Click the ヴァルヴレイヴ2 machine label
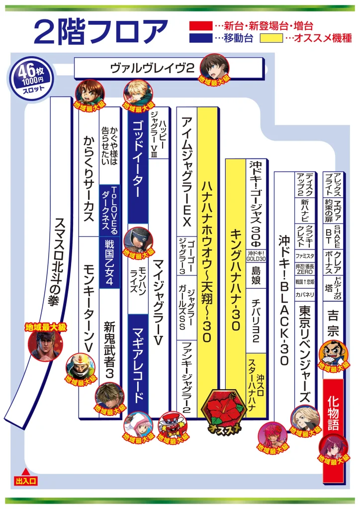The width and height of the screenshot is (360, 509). tap(152, 68)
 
